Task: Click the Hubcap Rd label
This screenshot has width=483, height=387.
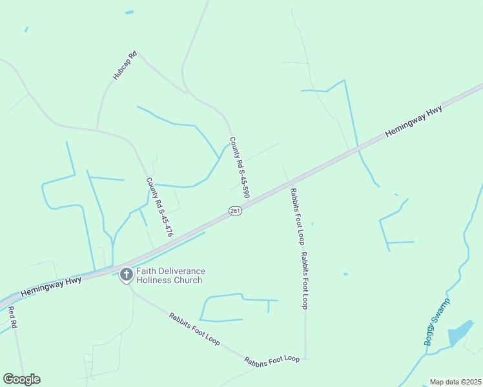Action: point(125,65)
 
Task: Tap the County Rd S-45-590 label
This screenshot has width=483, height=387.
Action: point(239,167)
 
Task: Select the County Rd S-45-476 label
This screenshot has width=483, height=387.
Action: point(159,207)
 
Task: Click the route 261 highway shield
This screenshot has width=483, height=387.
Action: point(235,211)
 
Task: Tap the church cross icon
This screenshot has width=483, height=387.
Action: point(126,275)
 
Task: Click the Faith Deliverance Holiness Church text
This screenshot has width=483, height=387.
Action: point(170,275)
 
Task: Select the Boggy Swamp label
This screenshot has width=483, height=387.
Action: point(437,322)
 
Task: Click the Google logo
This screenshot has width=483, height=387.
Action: point(21,379)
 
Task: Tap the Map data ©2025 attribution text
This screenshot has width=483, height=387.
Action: point(455,382)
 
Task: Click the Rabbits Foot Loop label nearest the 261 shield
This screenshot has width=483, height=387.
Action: point(296,215)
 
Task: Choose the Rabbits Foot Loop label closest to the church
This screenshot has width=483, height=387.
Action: point(194,329)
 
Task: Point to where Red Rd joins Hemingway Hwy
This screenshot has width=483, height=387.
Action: point(8,301)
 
